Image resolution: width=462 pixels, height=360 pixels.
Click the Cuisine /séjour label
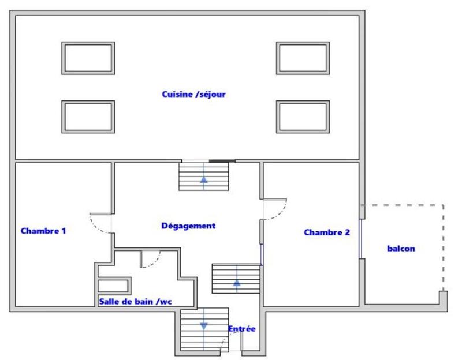(x=193, y=94)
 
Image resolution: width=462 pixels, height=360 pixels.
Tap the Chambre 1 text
(x=43, y=231)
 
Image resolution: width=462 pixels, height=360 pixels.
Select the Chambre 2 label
(x=327, y=232)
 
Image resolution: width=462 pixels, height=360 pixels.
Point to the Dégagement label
(x=188, y=226)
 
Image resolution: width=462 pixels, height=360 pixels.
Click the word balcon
(x=401, y=249)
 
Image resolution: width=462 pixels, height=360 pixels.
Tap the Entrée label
(x=241, y=329)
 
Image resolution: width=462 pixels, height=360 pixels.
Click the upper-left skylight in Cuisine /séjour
(x=88, y=58)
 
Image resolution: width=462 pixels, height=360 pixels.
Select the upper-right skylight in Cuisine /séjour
(x=303, y=58)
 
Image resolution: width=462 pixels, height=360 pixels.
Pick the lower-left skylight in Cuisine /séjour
(x=88, y=117)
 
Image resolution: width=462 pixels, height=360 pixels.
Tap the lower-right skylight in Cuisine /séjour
(x=303, y=117)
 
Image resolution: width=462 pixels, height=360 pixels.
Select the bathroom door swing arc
(x=151, y=260)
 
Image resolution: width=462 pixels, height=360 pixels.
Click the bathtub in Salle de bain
(x=114, y=285)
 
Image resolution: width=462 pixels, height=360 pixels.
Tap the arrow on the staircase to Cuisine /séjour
(x=203, y=179)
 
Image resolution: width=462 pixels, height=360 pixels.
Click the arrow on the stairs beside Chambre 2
(x=237, y=282)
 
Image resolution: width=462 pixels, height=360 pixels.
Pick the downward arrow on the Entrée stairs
(x=203, y=326)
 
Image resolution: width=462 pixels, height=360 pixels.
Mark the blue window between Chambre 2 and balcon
(x=361, y=239)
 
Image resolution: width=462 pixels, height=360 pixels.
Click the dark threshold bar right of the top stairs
(x=222, y=161)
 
